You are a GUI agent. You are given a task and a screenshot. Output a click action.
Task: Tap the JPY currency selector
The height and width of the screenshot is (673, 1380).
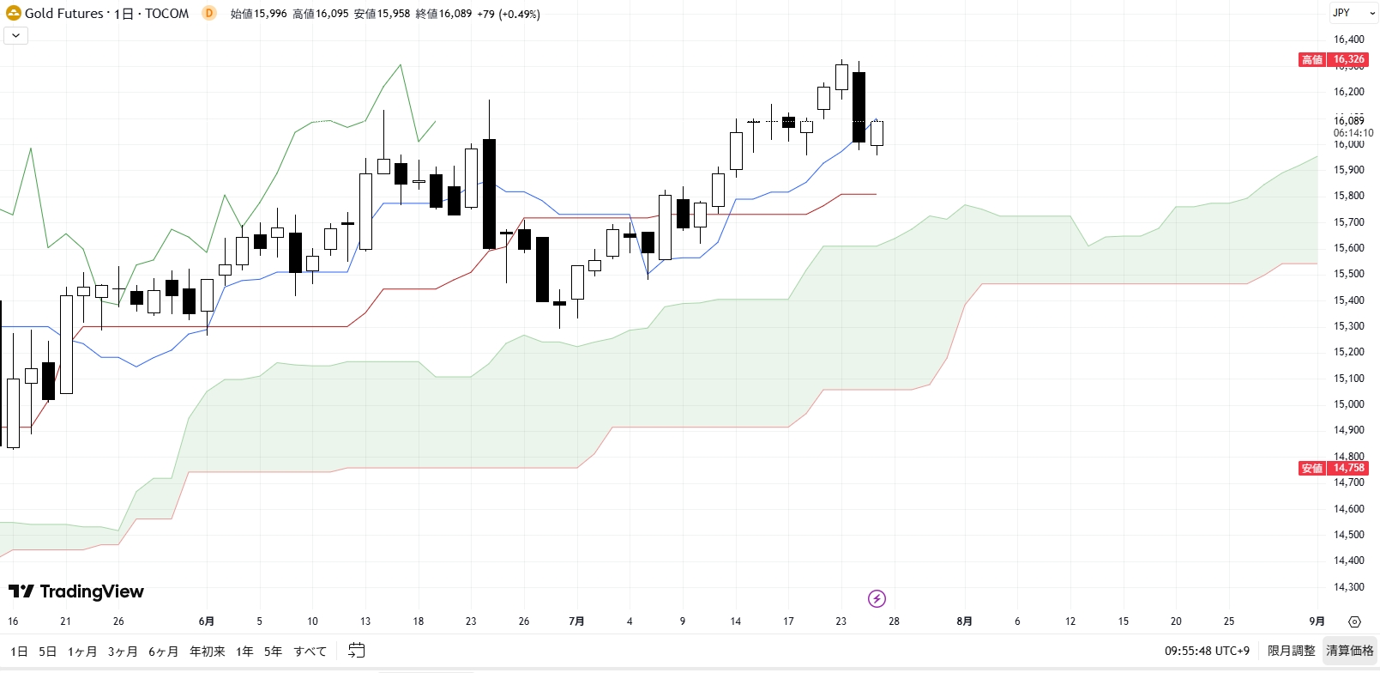pyautogui.click(x=1341, y=13)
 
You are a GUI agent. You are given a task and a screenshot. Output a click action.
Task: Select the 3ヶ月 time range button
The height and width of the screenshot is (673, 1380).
pyautogui.click(x=123, y=652)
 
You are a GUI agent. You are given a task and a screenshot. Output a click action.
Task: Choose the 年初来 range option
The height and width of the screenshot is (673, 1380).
pyautogui.click(x=207, y=652)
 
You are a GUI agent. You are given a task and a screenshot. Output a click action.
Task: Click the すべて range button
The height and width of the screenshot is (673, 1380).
pyautogui.click(x=310, y=652)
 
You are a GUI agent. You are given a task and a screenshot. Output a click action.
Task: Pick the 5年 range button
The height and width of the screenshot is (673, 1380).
pyautogui.click(x=273, y=652)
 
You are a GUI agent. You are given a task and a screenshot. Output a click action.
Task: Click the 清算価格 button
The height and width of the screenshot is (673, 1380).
pyautogui.click(x=1350, y=651)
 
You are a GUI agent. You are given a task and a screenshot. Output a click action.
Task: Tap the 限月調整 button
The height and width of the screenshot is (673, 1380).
pyautogui.click(x=1291, y=651)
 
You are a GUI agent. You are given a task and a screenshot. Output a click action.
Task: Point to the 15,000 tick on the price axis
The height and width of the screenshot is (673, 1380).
pyautogui.click(x=1348, y=404)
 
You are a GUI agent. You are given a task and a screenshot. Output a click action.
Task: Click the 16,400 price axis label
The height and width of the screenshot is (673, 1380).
pyautogui.click(x=1348, y=39)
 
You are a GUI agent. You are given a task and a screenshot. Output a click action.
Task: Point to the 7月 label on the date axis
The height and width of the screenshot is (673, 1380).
pyautogui.click(x=576, y=621)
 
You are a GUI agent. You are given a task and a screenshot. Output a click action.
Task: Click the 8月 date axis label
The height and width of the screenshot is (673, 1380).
pyautogui.click(x=964, y=621)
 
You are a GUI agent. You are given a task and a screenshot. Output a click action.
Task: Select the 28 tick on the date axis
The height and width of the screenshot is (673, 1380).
pyautogui.click(x=894, y=621)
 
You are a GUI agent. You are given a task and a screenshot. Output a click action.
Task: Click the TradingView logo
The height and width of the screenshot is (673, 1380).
pyautogui.click(x=76, y=591)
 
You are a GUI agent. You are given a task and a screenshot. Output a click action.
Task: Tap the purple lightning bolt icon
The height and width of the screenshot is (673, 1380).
pyautogui.click(x=877, y=598)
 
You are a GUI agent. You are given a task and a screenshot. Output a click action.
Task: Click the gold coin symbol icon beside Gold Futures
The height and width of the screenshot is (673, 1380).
pyautogui.click(x=14, y=14)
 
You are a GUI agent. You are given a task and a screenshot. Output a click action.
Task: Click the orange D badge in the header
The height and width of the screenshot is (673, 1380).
pyautogui.click(x=209, y=14)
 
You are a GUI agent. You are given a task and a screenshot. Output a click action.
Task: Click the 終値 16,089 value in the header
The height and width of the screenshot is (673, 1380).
pyautogui.click(x=443, y=14)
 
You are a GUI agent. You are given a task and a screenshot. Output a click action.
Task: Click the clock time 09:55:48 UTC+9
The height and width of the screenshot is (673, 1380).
pyautogui.click(x=1207, y=651)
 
